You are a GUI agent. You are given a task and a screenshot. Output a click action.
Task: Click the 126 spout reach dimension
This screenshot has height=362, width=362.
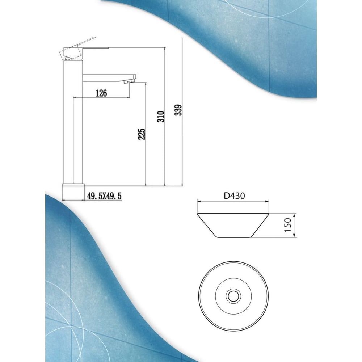coord(101,93)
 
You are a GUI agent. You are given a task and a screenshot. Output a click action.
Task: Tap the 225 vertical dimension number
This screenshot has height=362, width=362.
coord(141,134)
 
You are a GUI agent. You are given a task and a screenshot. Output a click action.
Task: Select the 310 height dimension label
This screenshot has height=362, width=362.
coord(161,117)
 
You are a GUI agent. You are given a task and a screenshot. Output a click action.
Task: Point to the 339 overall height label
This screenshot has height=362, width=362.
coord(178,110)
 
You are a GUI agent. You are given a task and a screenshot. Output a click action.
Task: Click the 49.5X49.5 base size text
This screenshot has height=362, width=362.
coord(104,196)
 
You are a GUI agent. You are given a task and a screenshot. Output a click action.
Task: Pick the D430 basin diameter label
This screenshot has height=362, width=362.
coord(234,196)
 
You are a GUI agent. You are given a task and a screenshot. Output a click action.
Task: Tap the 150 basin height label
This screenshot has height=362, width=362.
coord(288,225)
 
